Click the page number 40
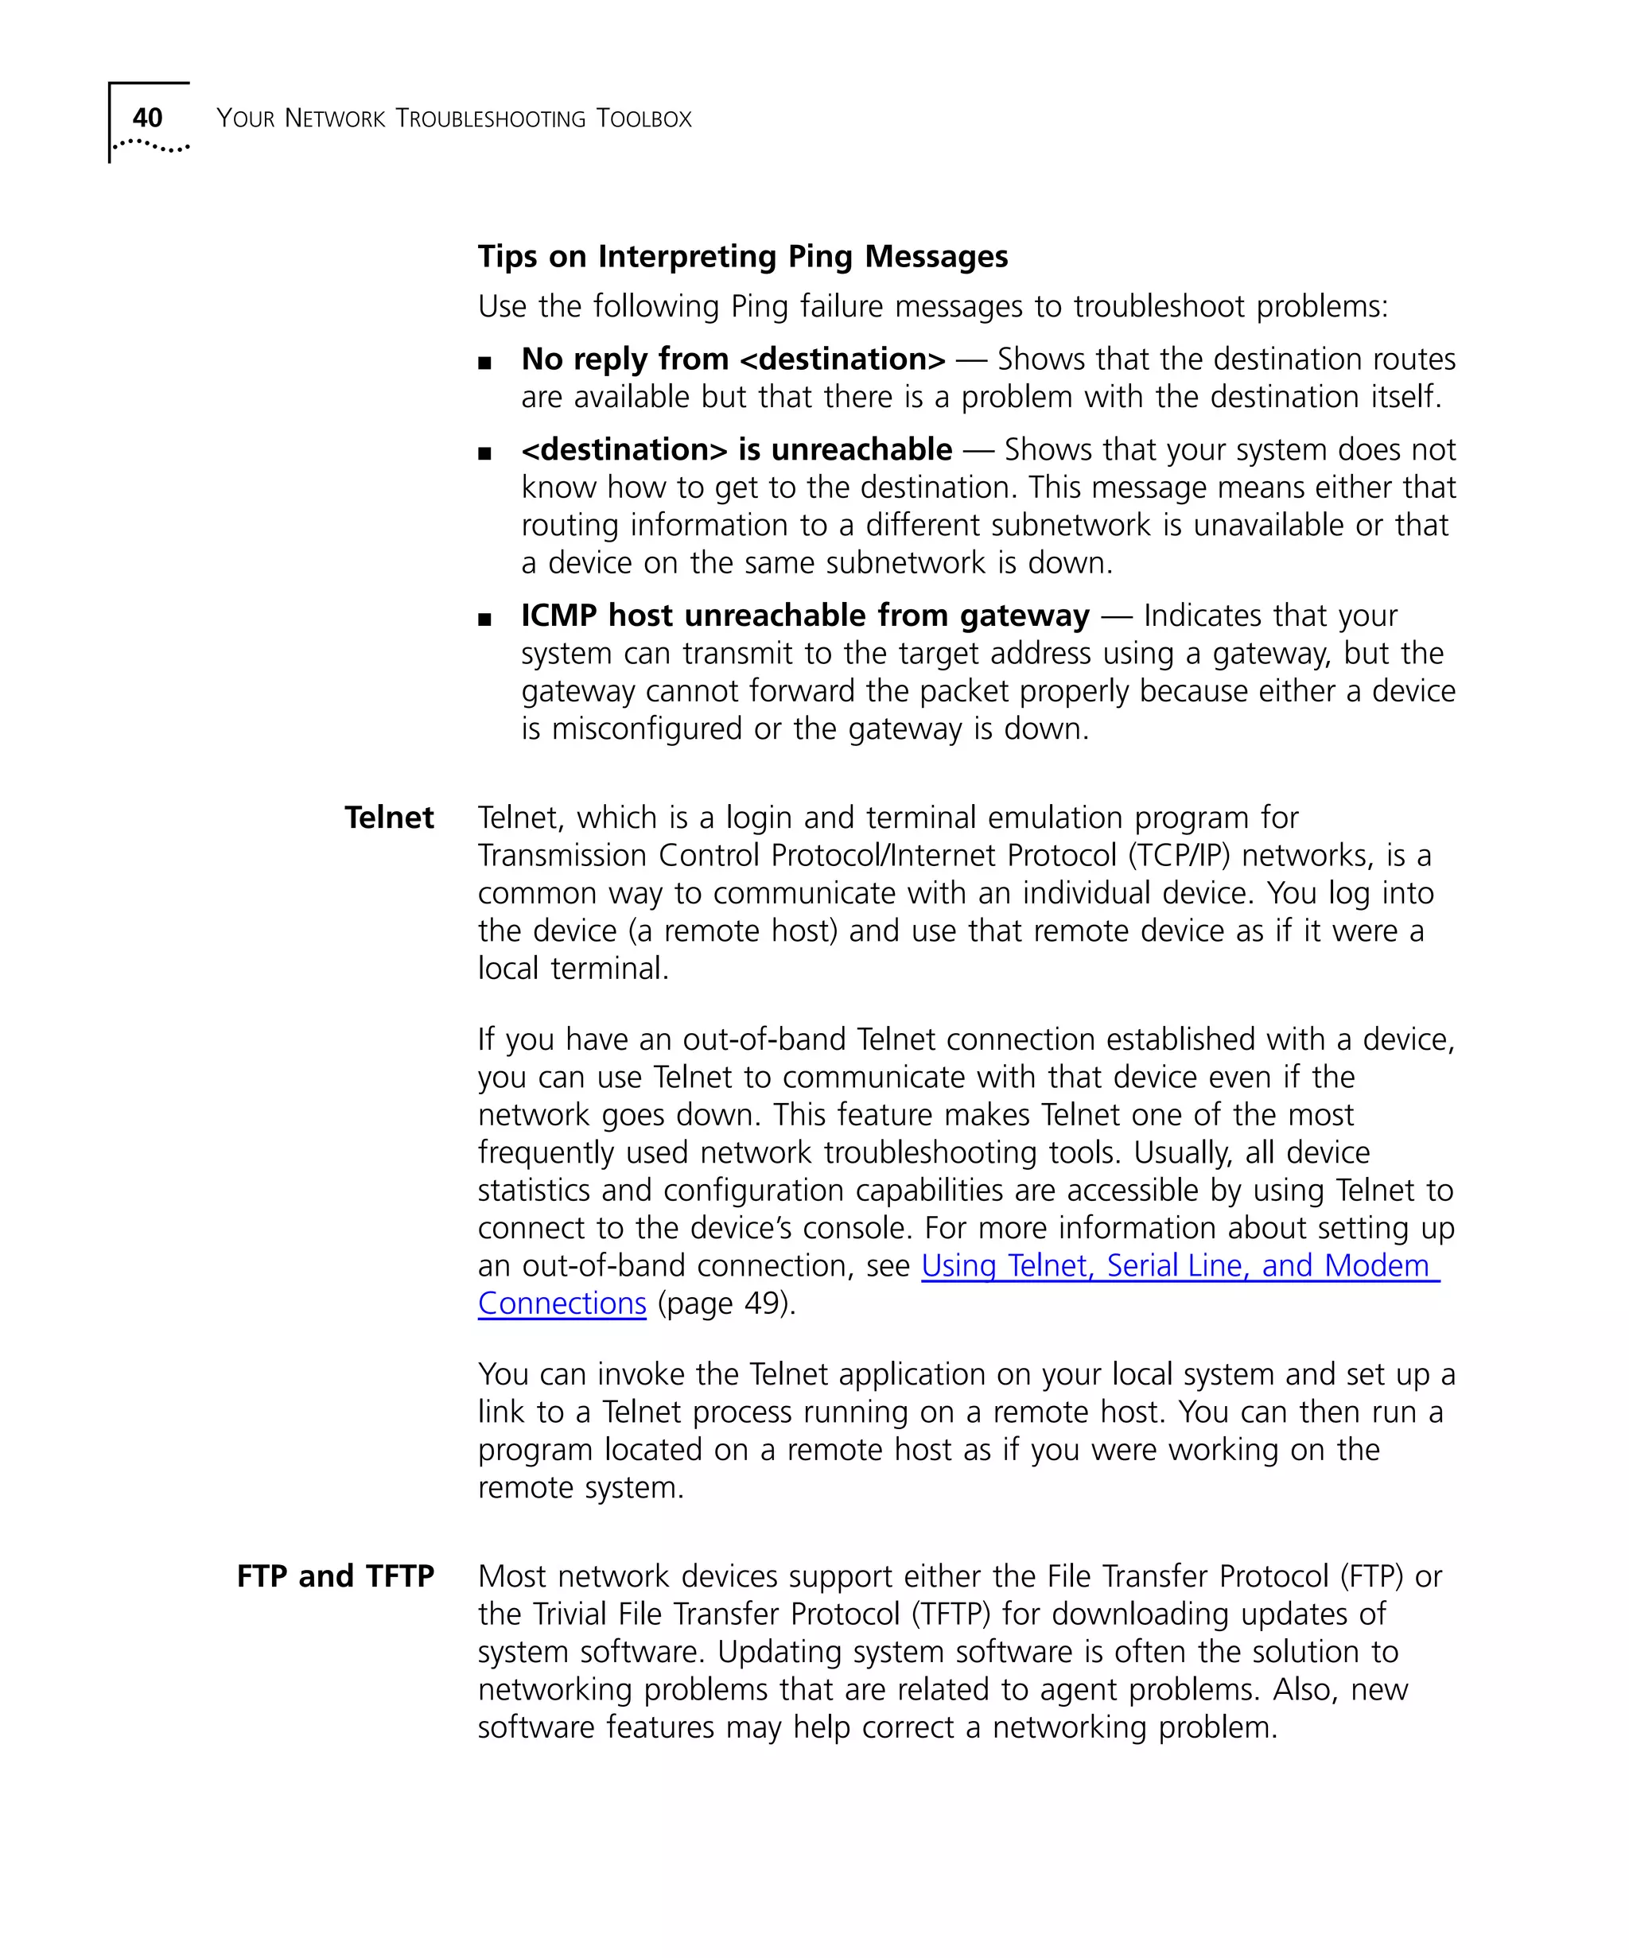tap(147, 118)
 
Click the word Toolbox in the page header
tap(643, 118)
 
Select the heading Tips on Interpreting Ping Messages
tap(742, 255)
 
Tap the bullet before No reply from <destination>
tap(484, 363)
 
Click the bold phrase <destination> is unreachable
tap(737, 449)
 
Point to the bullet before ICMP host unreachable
tap(484, 619)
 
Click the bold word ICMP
tap(558, 616)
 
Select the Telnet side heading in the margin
tap(389, 818)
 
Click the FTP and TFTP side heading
tap(335, 1575)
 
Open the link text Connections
tap(562, 1303)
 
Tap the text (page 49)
tap(726, 1303)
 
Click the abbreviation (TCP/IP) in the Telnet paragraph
tap(1179, 855)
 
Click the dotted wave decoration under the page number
tap(151, 146)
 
